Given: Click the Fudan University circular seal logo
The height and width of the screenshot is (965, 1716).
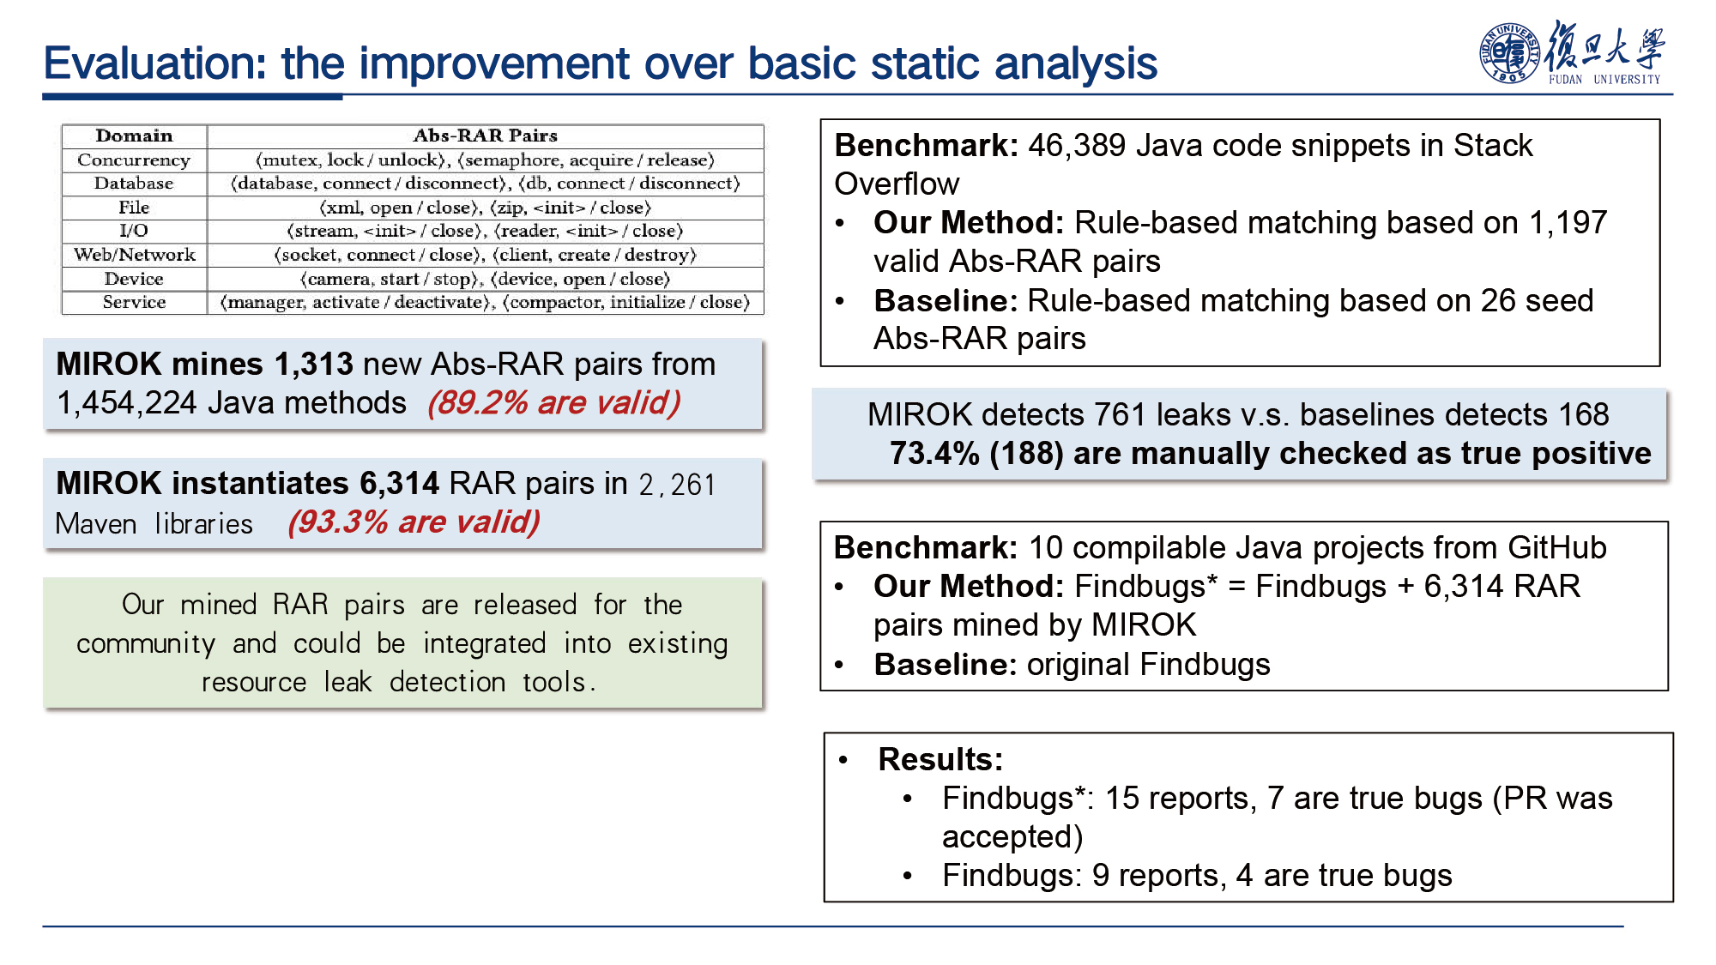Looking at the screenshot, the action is point(1509,53).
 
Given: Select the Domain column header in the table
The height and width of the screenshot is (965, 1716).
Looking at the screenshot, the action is point(134,136).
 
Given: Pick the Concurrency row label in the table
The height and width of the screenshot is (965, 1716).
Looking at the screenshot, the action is point(134,160).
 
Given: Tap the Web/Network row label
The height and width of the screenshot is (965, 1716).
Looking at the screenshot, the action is point(134,255).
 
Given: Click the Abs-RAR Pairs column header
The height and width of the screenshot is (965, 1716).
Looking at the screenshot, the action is point(486,136).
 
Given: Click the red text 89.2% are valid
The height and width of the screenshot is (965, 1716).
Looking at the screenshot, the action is point(554,402).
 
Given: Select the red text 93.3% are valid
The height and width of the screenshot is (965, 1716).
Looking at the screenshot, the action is point(414,522).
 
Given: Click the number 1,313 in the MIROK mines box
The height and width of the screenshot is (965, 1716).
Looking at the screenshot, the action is point(313,365).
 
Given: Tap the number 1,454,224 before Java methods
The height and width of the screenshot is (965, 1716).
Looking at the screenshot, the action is point(127,403).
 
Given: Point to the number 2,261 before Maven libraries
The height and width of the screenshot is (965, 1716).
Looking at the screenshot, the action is point(677,485).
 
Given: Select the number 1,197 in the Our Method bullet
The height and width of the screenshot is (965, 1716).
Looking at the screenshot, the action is point(1568,223).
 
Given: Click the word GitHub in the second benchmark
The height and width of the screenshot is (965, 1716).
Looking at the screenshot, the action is point(1556,547).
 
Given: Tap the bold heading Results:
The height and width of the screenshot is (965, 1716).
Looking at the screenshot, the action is point(940,759).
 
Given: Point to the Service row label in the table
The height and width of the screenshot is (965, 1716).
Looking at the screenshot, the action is point(134,302).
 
